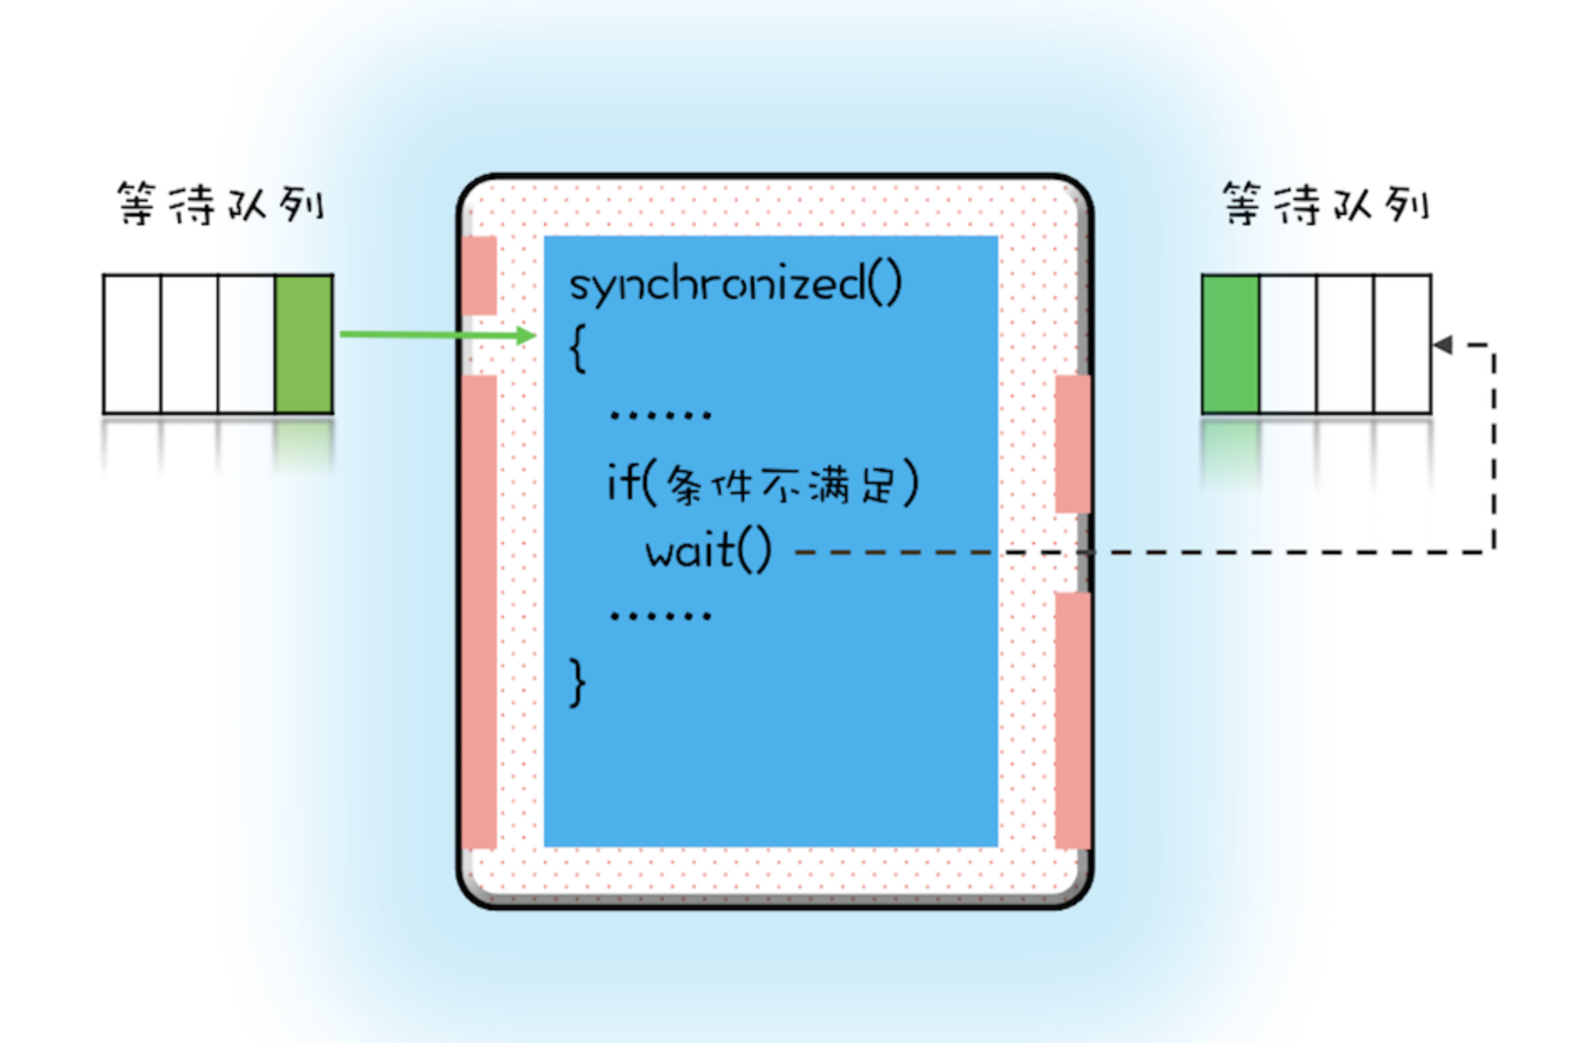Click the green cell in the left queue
click(303, 343)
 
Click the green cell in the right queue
click(1231, 343)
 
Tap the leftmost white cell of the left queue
click(132, 343)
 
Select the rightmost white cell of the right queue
click(1402, 343)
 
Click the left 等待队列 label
click(220, 204)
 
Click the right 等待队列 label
click(1325, 204)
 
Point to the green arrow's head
click(528, 336)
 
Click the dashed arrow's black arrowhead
click(1443, 344)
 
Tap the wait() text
click(708, 552)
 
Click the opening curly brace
click(578, 349)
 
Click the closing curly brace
click(578, 682)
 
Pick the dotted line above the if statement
click(660, 415)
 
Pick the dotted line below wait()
click(660, 616)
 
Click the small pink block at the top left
click(479, 275)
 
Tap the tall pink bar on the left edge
click(479, 611)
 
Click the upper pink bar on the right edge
click(1073, 443)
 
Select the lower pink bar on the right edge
click(1073, 721)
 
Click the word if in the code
click(622, 483)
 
